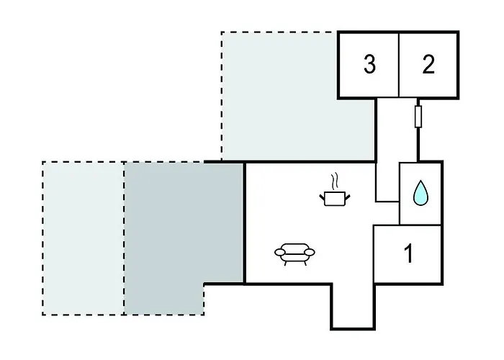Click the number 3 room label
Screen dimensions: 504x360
click(x=369, y=64)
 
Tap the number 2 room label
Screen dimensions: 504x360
click(x=428, y=64)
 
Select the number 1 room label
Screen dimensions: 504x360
click(x=408, y=253)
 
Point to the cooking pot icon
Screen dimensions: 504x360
click(x=335, y=198)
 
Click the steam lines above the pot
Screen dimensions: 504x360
click(x=335, y=181)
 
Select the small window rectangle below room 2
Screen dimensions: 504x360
click(x=418, y=117)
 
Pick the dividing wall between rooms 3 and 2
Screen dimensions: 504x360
click(x=399, y=65)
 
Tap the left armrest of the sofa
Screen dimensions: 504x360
click(x=279, y=252)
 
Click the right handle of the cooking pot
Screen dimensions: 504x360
click(x=348, y=197)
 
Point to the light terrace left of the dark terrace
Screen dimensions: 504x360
click(x=84, y=238)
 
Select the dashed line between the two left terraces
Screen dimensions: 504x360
click(x=124, y=238)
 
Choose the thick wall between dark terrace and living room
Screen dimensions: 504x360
click(x=244, y=223)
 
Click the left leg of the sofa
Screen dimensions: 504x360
click(x=286, y=263)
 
